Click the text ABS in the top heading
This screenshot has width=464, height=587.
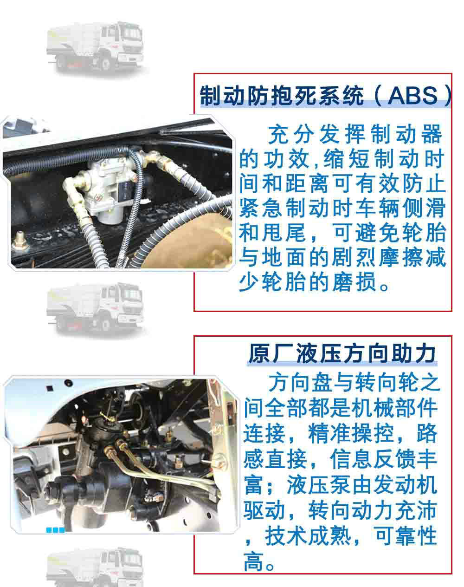pos(412,96)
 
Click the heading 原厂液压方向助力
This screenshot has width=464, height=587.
pos(342,354)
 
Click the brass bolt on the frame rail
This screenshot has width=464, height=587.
pos(20,241)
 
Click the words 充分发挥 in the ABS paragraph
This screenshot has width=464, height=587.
pos(316,134)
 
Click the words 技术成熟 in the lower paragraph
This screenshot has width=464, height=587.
pos(308,536)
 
